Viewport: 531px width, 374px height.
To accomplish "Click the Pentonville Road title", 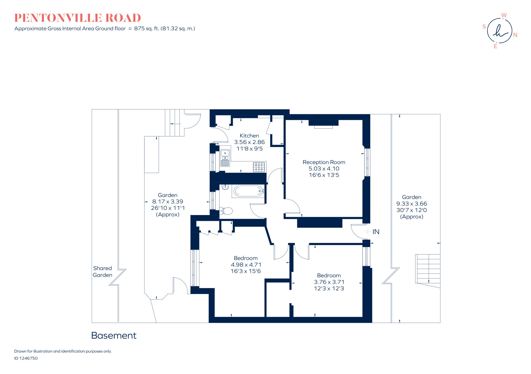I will tap(78, 18).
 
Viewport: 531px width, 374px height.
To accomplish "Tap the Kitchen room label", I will tap(249, 136).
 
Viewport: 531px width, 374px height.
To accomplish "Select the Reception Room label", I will tap(324, 162).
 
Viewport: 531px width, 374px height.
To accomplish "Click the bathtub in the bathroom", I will tap(248, 191).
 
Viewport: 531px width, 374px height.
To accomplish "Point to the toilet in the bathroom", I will tap(226, 211).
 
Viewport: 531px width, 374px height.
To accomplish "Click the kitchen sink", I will tap(225, 158).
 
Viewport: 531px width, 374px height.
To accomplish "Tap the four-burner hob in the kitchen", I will tap(259, 167).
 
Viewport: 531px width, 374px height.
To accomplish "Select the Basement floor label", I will tap(114, 335).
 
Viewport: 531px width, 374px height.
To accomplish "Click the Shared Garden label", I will tap(102, 272).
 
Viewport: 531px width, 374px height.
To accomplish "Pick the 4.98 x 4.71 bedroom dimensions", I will tap(246, 265).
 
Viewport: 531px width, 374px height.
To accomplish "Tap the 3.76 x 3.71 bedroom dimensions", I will tap(329, 282).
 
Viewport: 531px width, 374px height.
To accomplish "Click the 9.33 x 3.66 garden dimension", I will tap(411, 204).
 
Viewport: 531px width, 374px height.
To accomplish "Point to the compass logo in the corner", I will tap(499, 31).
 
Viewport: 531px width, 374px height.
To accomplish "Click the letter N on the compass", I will tap(515, 35).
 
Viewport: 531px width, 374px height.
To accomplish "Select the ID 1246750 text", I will tap(26, 358).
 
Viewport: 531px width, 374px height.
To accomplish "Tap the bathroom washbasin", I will tap(225, 187).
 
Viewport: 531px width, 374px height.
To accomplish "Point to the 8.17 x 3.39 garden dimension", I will tap(167, 202).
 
